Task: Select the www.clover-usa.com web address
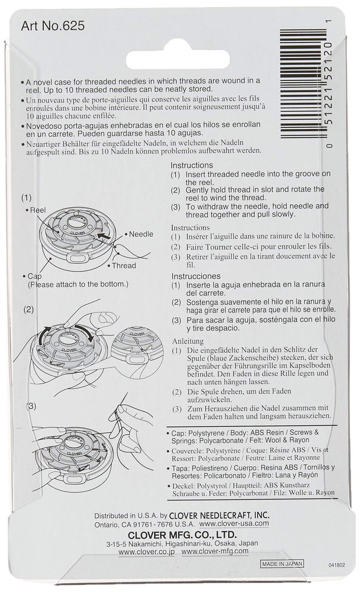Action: click(x=234, y=523)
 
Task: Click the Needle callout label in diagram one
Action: click(x=141, y=234)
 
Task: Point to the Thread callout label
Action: click(x=123, y=266)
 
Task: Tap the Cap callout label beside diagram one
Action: click(x=34, y=276)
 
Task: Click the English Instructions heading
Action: click(x=192, y=165)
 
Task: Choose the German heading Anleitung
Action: click(x=188, y=341)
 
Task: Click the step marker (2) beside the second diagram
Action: click(x=29, y=309)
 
